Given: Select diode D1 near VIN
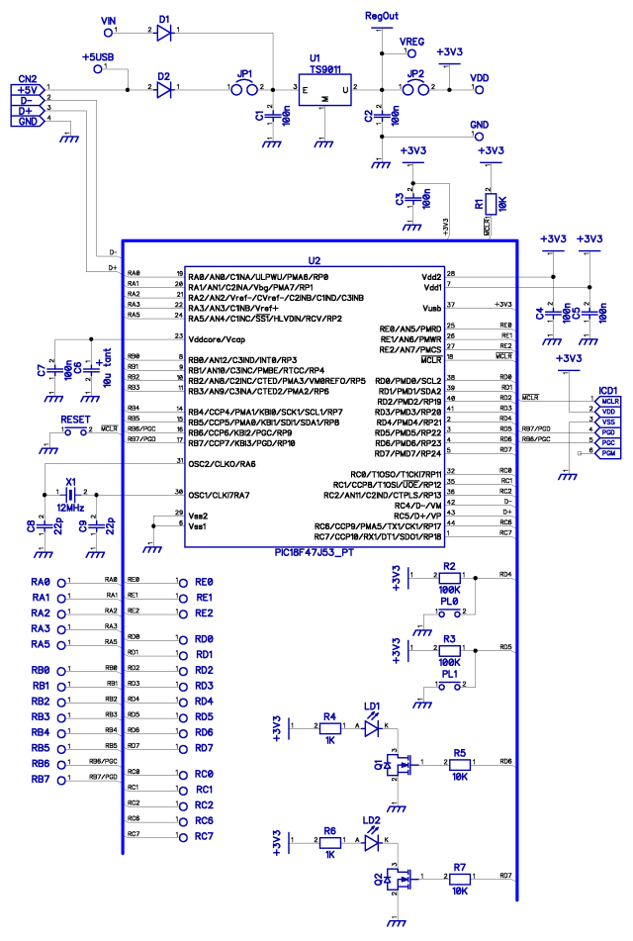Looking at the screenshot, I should [165, 31].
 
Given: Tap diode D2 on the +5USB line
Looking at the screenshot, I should [165, 88].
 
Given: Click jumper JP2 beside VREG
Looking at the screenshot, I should [414, 88].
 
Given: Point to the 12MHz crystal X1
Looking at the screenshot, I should [70, 493].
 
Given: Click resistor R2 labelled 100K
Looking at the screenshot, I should [449, 574].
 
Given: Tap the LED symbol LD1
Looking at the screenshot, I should [373, 727].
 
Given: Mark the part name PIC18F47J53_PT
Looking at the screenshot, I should [317, 552].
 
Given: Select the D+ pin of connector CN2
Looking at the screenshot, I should [27, 110].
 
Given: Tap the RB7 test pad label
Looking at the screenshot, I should [42, 779].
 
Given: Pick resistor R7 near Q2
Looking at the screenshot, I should [459, 877].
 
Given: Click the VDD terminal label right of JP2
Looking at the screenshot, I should [479, 77].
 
